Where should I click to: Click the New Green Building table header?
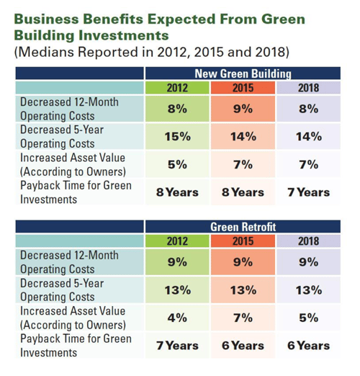point(243,73)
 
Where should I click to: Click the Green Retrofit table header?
point(243,227)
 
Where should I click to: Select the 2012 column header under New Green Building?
point(177,88)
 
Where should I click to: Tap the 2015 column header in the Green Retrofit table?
point(243,241)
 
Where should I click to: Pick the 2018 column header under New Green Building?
point(308,88)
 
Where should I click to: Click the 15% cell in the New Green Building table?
point(177,137)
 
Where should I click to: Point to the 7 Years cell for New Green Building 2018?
point(308,192)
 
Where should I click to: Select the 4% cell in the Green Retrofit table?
point(177,318)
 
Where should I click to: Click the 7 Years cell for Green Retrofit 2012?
point(177,345)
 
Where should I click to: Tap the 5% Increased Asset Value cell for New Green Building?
point(177,164)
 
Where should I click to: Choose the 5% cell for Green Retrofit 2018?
point(308,318)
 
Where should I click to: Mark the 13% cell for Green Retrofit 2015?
point(243,290)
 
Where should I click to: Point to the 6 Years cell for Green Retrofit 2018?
point(308,345)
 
